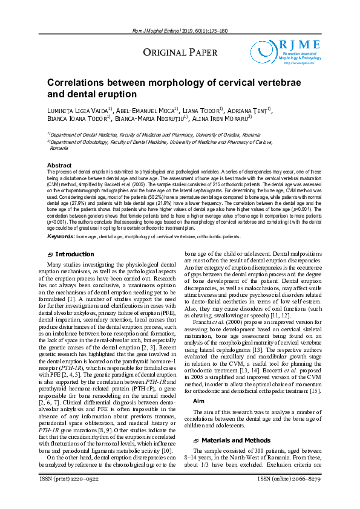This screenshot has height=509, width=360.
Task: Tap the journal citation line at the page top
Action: click(180, 31)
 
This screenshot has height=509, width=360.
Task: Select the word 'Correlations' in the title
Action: click(77, 83)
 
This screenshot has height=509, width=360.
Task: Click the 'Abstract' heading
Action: click(60, 165)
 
